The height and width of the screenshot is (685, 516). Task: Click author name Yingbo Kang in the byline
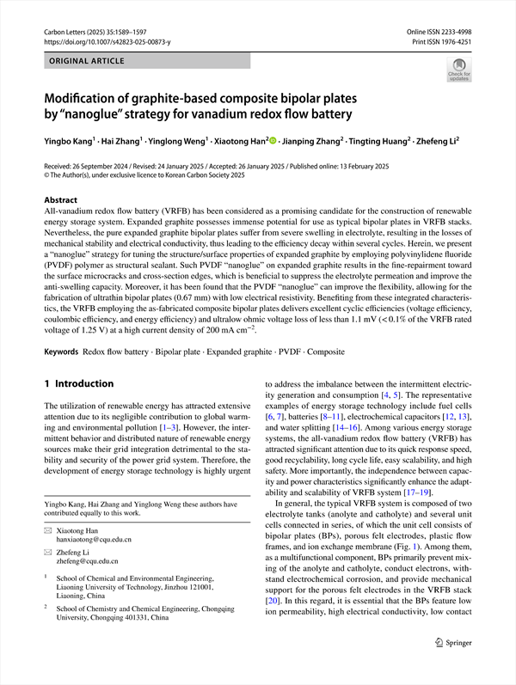point(70,139)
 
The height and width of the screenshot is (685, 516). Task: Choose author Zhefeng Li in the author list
point(444,139)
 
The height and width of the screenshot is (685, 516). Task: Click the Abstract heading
point(60,199)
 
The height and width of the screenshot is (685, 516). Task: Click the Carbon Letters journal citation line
point(99,30)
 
